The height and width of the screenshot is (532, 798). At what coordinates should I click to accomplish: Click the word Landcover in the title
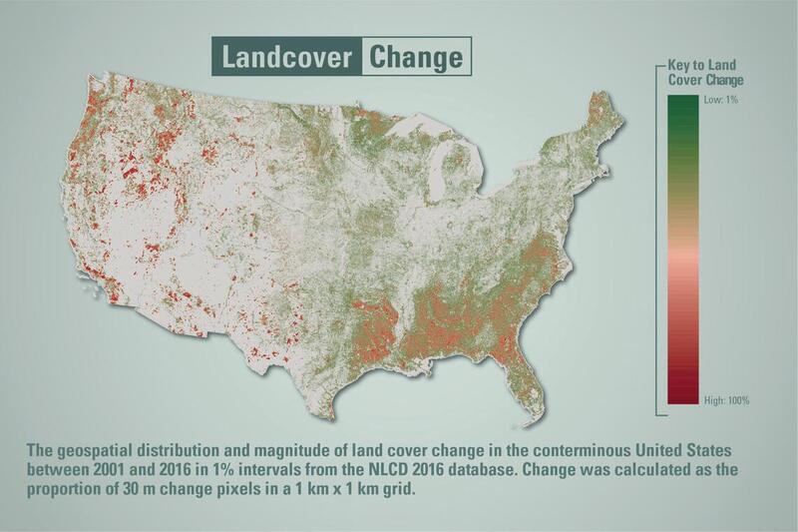pos(286,57)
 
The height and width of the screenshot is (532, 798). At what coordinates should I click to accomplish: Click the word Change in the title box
pos(416,57)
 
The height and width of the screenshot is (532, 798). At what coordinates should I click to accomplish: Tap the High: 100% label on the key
pos(727,400)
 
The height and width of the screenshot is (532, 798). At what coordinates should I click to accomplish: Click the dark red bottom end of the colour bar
pos(682,399)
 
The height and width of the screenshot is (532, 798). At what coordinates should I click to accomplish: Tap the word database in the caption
pos(448,469)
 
